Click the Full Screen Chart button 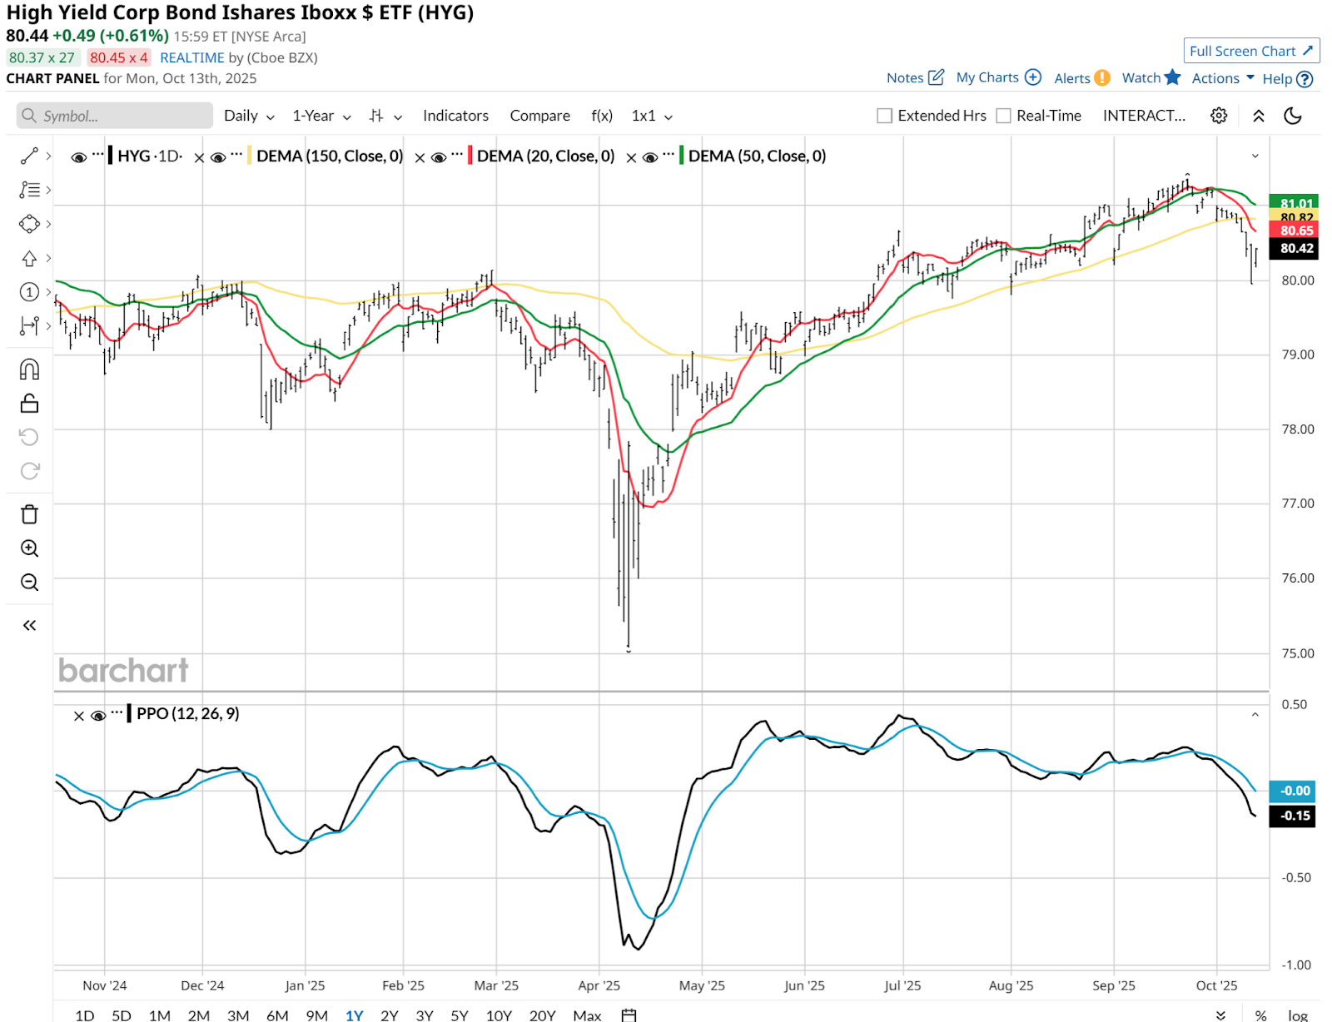coord(1250,51)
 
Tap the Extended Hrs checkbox coord(884,116)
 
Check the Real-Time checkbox coord(1004,116)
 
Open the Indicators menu coord(455,116)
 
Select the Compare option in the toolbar coord(539,116)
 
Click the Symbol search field coord(115,116)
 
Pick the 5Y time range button coord(460,1015)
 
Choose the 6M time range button coord(277,1015)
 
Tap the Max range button coord(587,1015)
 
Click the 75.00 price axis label coord(1297,653)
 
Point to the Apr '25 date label coord(599,985)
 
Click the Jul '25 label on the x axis coord(902,985)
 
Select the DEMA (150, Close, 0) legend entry coord(330,156)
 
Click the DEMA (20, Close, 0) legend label coord(545,156)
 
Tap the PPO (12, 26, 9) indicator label coord(187,713)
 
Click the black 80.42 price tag coord(1296,248)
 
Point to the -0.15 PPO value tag coord(1295,816)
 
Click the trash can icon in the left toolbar coord(29,514)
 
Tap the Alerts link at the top coord(1072,78)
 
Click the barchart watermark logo coord(123,671)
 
